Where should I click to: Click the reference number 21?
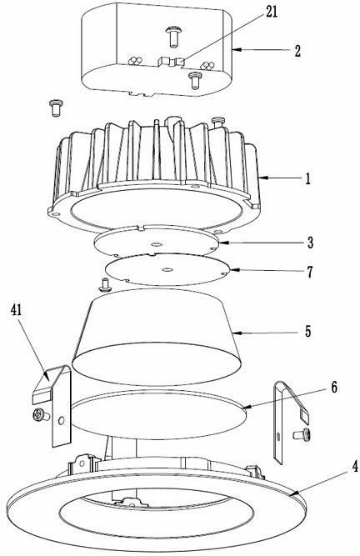coord(272,12)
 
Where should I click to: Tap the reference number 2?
coord(297,51)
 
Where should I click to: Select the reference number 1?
coord(307,178)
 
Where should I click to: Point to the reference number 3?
coord(310,243)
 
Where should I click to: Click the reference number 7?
coord(310,272)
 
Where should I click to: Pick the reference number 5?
coord(307,332)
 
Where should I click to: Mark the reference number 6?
coord(334,388)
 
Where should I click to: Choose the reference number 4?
coord(355,466)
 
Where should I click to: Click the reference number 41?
coord(17,310)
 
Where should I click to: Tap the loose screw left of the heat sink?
coord(56,108)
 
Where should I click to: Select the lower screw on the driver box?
coord(195,80)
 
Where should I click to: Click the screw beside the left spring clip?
coord(41,415)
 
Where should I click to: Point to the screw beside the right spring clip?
coord(303,435)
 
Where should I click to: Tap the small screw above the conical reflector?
coord(105,285)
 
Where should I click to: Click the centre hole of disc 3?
coord(156,244)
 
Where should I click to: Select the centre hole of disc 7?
coord(167,270)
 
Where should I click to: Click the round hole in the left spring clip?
coord(62,421)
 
